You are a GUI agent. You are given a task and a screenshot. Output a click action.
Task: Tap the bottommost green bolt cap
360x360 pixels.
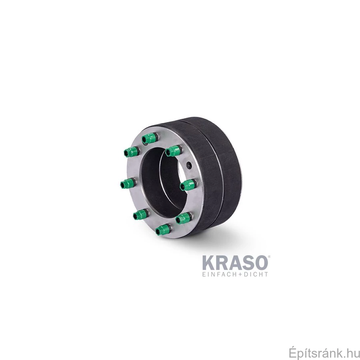point(164,230)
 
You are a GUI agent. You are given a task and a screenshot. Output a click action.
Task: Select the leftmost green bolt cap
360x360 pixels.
point(128,184)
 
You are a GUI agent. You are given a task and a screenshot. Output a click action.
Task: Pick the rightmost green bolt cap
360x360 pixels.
point(188,185)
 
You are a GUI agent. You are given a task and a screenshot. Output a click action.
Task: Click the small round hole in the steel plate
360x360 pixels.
point(189,165)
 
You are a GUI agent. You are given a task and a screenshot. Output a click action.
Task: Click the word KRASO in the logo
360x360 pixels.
point(235,263)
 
